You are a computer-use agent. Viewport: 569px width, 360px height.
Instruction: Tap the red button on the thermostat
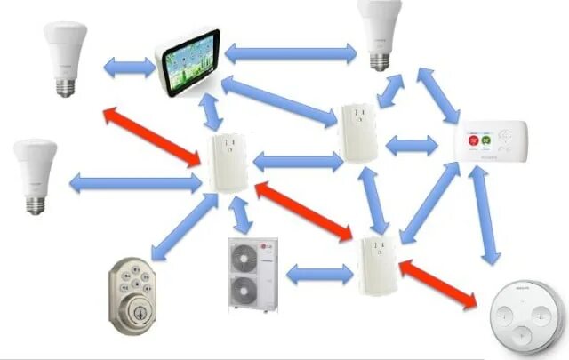[473, 140]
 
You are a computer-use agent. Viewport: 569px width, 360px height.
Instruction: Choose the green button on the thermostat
[487, 140]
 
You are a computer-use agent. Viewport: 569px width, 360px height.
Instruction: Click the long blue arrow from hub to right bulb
[288, 53]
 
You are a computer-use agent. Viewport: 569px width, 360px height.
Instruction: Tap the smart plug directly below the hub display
[228, 164]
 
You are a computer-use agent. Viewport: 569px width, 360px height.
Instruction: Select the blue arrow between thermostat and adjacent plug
[410, 142]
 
